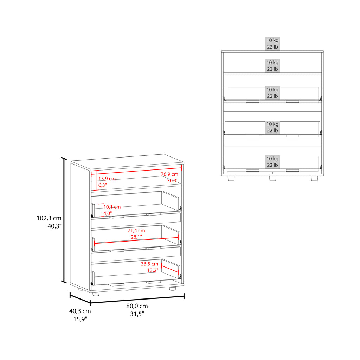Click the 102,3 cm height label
coord(49,218)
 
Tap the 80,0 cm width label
coord(137,306)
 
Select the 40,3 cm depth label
coord(80,311)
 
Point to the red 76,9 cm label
coord(170,174)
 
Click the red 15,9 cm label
coord(107,179)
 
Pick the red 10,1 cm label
coord(112,207)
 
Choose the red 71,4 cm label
coord(136,231)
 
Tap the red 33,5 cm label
coord(150,264)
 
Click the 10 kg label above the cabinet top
coord(272,40)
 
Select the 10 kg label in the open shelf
coord(272,63)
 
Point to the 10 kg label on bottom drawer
coord(272,159)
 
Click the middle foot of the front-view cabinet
coord(272,178)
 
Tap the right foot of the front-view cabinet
coord(314,178)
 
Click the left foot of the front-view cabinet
coord(231,178)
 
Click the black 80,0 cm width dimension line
coord(137,300)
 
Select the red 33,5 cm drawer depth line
coord(170,269)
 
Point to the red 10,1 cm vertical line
coord(101,210)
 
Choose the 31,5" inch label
coord(137,314)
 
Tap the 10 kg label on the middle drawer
coord(272,124)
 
